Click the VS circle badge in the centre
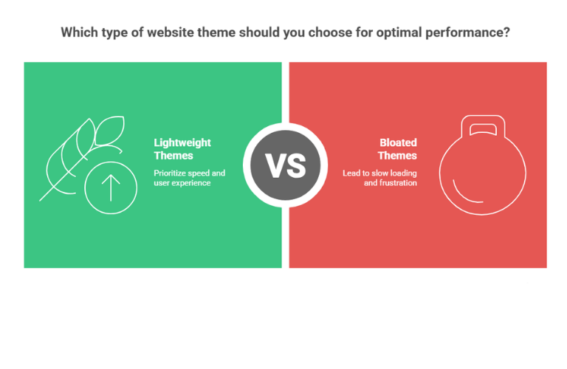285,165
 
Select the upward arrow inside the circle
111,187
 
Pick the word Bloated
398,142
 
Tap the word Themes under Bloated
397,156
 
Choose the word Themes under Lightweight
173,156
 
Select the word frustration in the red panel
399,182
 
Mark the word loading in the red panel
402,173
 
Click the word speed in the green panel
203,173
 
